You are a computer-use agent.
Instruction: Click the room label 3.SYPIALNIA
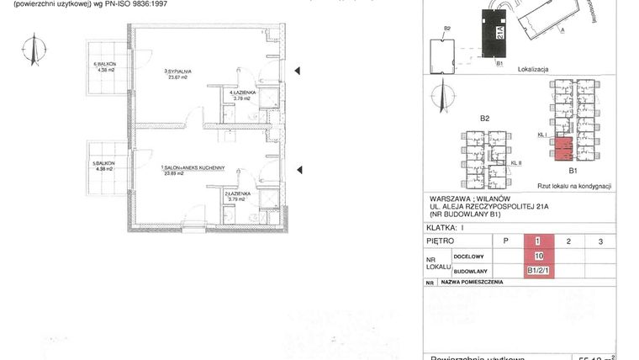coord(178,72)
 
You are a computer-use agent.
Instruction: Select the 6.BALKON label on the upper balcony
coord(104,65)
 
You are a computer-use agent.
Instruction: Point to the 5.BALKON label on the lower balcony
coord(104,163)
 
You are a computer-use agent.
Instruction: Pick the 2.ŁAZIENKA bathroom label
coord(235,193)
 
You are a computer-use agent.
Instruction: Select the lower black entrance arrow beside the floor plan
coord(297,172)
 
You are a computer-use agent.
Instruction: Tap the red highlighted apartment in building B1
coord(563,149)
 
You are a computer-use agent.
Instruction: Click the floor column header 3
coord(599,241)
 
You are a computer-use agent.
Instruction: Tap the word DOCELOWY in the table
coord(468,257)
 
